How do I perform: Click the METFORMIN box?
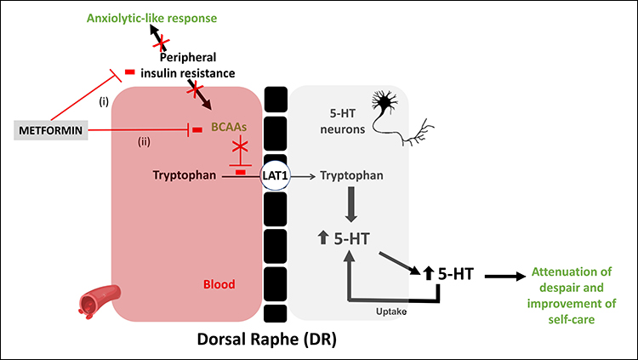(x=51, y=130)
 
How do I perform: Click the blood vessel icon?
(x=94, y=300)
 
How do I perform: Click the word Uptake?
(x=391, y=311)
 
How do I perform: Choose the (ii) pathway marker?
(x=145, y=141)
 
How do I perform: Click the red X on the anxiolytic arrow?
(x=159, y=42)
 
